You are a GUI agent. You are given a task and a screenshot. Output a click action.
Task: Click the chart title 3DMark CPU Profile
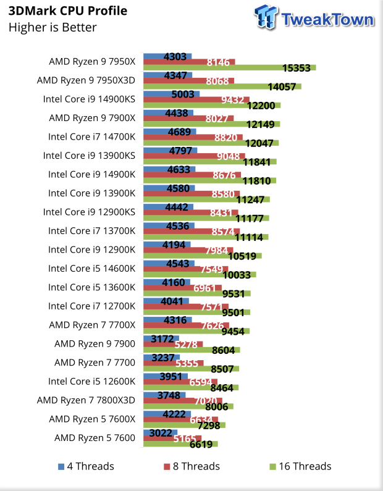(x=67, y=11)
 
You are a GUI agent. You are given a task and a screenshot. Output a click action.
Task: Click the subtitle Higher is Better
(x=53, y=27)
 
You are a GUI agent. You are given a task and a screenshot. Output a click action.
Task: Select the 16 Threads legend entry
(x=301, y=466)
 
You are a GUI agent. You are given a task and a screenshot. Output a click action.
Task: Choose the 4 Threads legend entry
(x=86, y=466)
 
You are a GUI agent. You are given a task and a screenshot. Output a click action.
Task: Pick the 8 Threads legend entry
(x=191, y=466)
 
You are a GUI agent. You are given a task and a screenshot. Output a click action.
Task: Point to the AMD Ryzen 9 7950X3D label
(x=86, y=80)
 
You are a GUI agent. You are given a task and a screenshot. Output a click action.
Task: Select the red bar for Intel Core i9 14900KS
(x=196, y=100)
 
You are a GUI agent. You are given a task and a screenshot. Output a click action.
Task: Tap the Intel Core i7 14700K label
(x=91, y=137)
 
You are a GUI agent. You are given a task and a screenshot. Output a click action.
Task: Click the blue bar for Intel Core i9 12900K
(x=167, y=245)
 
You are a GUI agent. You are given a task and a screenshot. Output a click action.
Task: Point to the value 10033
(x=237, y=275)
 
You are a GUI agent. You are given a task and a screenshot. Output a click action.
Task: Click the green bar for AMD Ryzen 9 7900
(x=191, y=350)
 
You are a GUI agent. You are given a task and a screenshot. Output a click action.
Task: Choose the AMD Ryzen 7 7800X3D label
(x=86, y=400)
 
